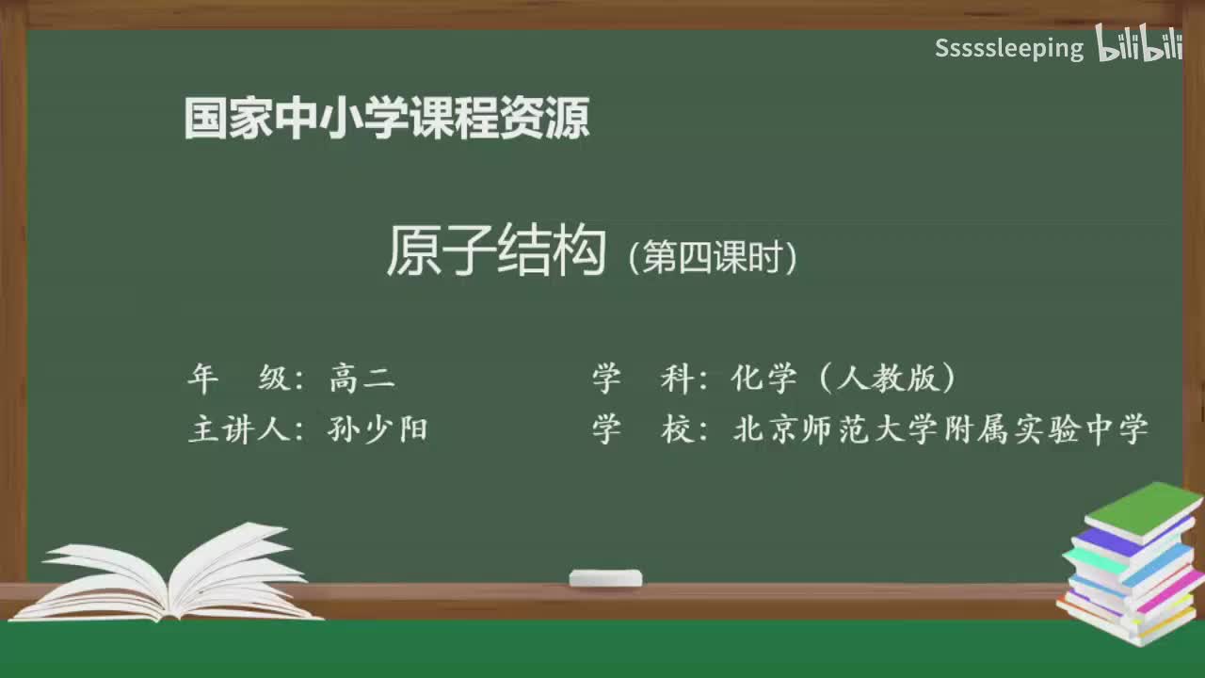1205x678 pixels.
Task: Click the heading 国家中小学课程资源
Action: coord(386,119)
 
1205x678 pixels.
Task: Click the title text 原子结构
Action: coord(495,252)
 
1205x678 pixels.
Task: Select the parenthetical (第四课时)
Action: coord(714,257)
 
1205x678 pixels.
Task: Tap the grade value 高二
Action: coord(362,379)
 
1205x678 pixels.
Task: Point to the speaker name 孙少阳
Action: coord(378,429)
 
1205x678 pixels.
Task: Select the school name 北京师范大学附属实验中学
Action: coord(940,429)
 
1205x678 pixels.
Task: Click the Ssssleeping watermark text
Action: coord(1008,48)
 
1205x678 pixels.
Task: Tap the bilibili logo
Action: coord(1139,45)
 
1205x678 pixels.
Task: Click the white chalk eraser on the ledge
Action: coord(605,577)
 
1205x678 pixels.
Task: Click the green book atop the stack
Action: coord(1143,508)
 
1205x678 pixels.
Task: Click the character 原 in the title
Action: coord(412,252)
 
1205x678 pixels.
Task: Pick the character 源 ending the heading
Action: coord(568,119)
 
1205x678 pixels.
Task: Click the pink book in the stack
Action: coord(1167,589)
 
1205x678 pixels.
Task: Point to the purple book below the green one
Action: coord(1111,541)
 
